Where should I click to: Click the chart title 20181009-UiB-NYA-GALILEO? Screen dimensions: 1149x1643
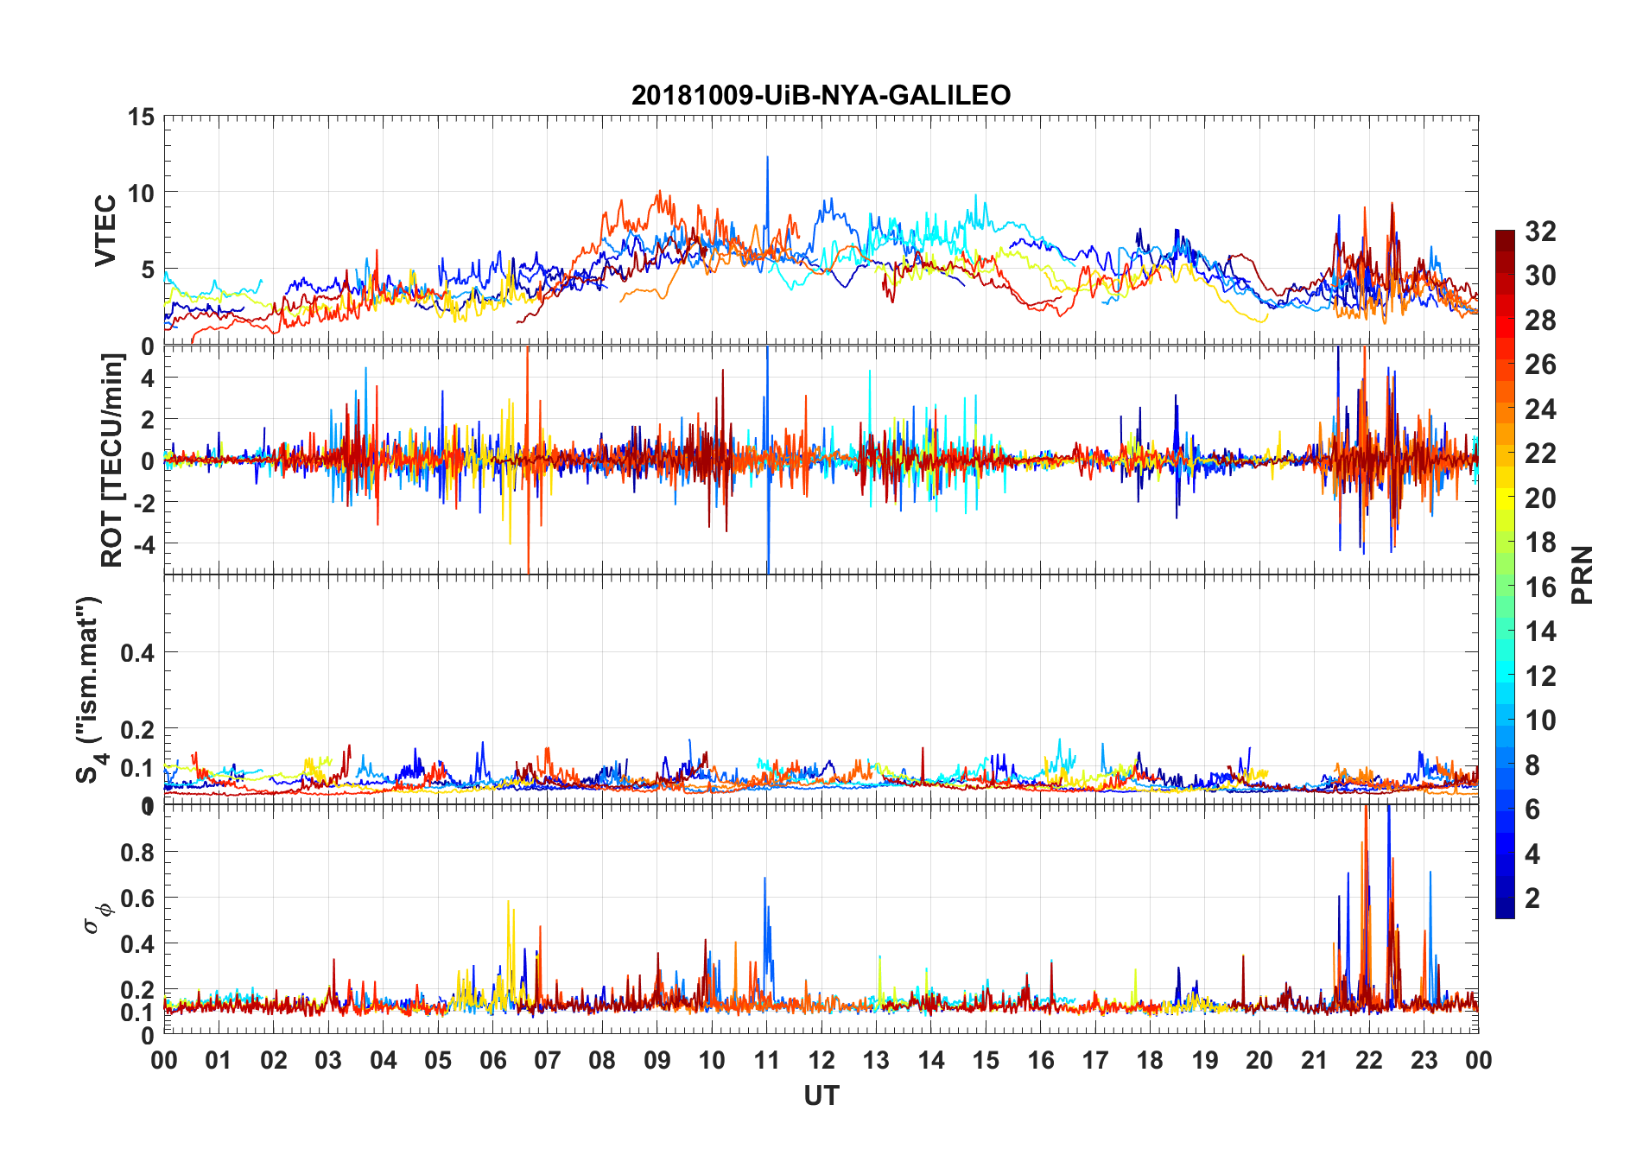click(821, 95)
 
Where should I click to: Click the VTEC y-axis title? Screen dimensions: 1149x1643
click(105, 231)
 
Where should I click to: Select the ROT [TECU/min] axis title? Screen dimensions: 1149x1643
click(112, 460)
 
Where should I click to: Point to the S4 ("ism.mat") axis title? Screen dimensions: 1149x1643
click(90, 689)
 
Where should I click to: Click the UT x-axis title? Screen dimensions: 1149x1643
click(821, 1096)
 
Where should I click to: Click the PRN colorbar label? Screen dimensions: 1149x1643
click(1582, 574)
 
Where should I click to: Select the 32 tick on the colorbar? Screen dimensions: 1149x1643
click(1540, 232)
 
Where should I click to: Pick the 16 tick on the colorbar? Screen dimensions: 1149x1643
click(1540, 587)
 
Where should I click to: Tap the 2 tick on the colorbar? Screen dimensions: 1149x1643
click(1532, 898)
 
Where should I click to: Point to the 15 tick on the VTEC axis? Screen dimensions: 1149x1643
click(141, 117)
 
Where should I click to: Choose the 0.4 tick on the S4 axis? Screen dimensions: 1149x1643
click(137, 652)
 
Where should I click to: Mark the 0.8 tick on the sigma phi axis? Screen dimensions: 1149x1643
click(137, 853)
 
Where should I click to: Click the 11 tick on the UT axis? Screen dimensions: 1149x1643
click(767, 1060)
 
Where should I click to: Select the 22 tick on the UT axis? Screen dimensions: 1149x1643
click(1369, 1060)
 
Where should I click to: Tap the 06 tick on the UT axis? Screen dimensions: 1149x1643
click(493, 1060)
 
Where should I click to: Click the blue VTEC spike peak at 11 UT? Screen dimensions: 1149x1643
click(767, 157)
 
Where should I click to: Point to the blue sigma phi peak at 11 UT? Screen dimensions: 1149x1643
click(764, 879)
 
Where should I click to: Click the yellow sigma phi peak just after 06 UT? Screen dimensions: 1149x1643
click(508, 902)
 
